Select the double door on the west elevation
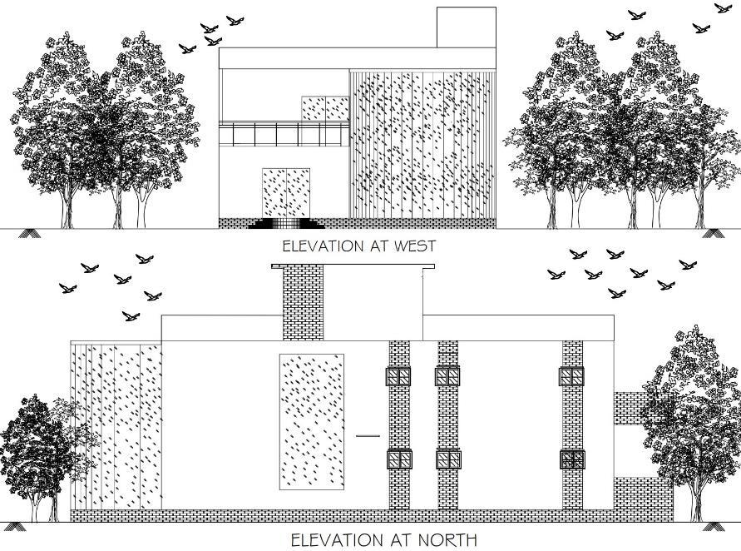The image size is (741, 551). (286, 192)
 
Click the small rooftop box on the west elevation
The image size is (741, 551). (467, 27)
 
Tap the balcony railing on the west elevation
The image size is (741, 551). (283, 133)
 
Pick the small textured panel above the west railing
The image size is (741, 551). (324, 108)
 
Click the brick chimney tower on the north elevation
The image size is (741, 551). (303, 304)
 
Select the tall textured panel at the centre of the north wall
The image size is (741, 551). (312, 421)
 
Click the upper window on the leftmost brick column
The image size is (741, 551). (398, 376)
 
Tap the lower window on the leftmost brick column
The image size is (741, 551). (398, 459)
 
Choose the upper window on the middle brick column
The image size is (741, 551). (448, 376)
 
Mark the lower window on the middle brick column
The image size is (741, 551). (448, 459)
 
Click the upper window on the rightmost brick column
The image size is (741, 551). (572, 376)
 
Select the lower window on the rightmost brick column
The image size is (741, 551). (572, 459)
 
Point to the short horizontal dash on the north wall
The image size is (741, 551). (367, 435)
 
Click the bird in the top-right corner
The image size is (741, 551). (723, 8)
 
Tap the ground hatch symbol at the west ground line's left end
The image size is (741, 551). (28, 231)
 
